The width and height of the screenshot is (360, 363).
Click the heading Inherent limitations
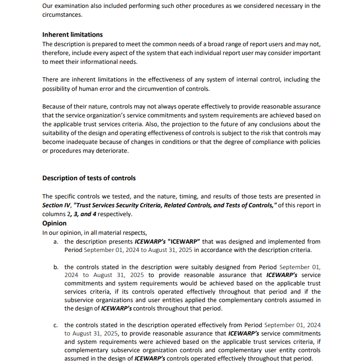[x=72, y=34]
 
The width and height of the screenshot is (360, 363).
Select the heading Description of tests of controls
[x=89, y=178]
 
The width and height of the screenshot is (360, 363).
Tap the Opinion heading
[x=54, y=223]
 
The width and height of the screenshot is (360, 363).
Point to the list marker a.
[x=56, y=242]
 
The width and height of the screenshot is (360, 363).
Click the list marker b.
[x=56, y=267]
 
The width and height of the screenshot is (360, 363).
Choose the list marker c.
[x=56, y=325]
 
